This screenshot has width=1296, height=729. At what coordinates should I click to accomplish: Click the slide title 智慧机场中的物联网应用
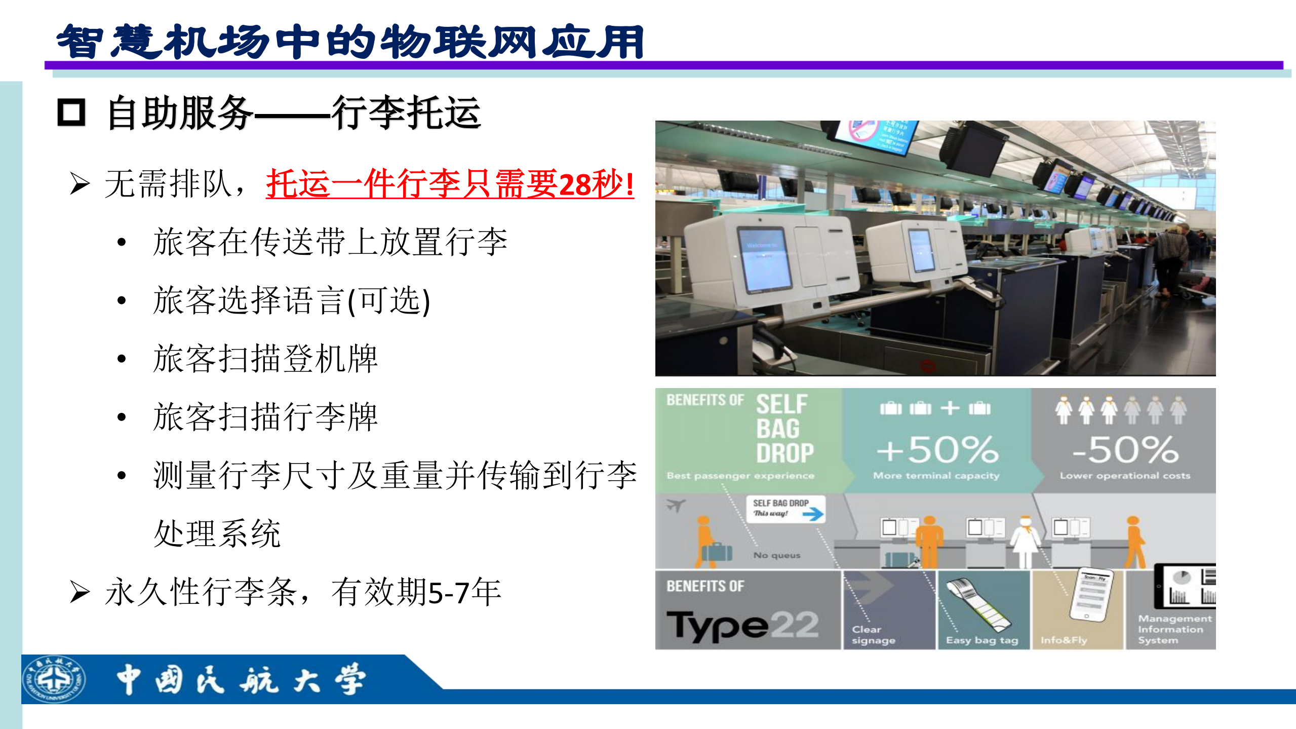click(349, 42)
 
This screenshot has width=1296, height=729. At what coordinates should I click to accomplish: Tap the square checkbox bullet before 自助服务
click(71, 112)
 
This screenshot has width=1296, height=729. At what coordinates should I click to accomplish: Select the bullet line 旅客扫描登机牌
click(265, 359)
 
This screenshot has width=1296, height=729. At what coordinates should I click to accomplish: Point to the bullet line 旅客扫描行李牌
click(265, 417)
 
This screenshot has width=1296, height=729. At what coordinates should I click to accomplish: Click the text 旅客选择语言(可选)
click(292, 300)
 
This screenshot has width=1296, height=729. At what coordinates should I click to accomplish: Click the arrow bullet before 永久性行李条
click(80, 592)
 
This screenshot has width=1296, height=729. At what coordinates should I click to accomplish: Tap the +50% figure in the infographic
click(937, 450)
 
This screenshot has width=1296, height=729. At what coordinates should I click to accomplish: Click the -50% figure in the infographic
click(1125, 450)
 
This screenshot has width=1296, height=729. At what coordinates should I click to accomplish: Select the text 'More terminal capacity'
click(936, 476)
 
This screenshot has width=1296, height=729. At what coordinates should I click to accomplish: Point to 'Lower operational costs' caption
click(1125, 476)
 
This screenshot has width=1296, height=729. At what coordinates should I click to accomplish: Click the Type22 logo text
click(742, 626)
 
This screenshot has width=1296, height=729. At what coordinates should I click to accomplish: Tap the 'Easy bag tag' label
click(981, 640)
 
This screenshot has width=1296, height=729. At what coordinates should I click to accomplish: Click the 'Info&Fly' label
click(1064, 640)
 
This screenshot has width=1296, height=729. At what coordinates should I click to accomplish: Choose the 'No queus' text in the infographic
click(777, 555)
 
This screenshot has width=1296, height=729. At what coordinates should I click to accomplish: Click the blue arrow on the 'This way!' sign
click(813, 514)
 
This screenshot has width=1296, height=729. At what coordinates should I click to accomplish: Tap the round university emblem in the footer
click(54, 679)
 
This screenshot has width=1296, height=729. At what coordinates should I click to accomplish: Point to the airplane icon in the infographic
click(676, 505)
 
